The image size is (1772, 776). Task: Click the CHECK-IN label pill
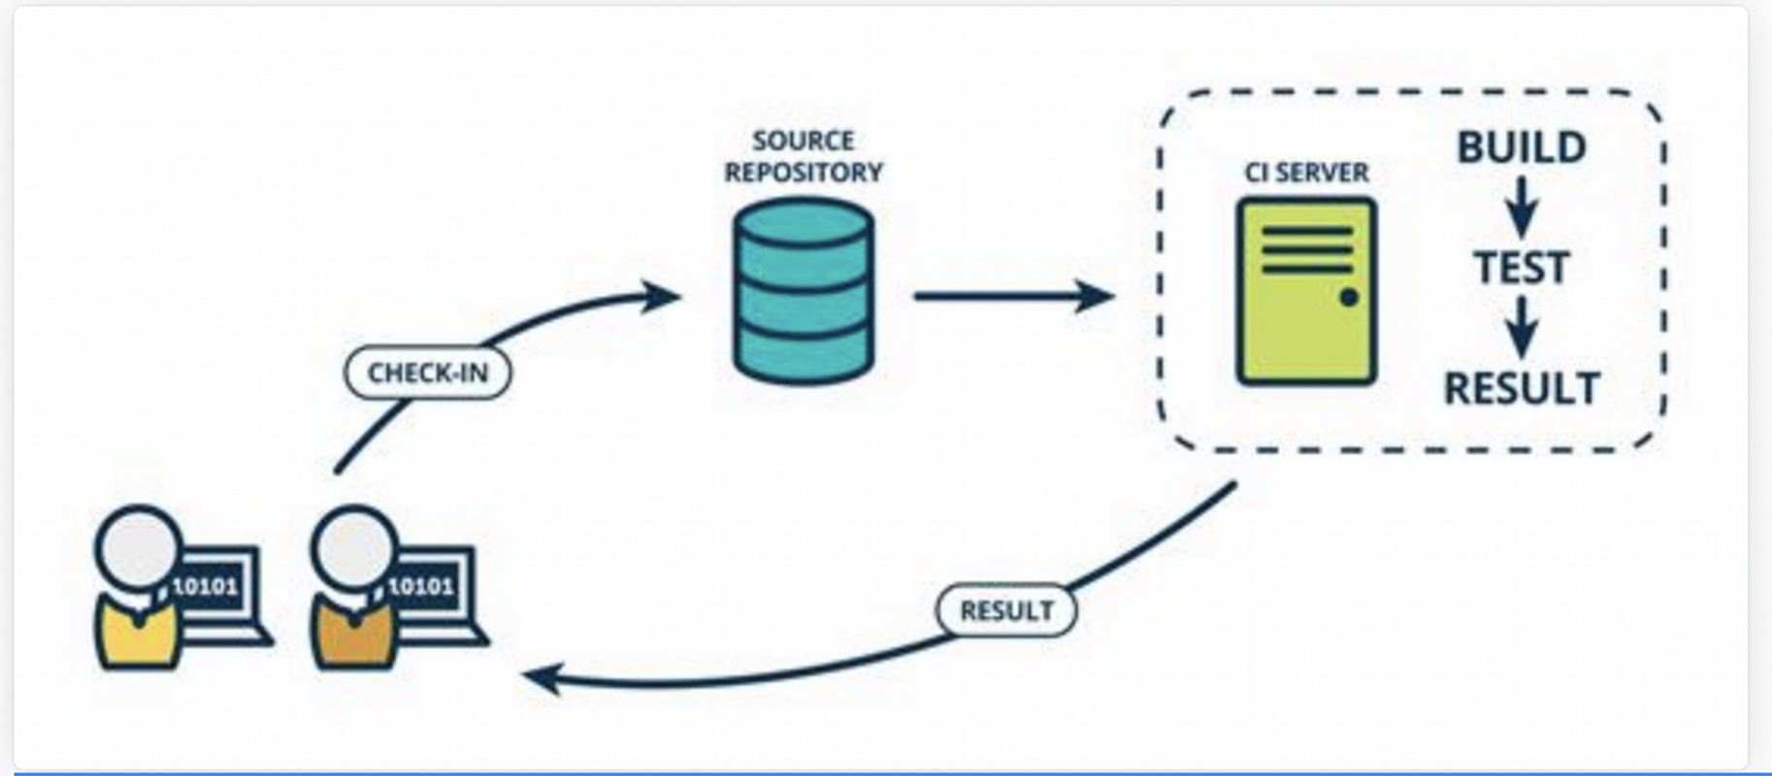pos(428,372)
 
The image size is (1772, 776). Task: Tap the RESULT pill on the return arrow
pos(1006,610)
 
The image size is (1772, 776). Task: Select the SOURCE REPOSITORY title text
pos(804,156)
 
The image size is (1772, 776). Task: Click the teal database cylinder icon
pos(804,291)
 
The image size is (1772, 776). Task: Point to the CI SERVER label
pos(1306,173)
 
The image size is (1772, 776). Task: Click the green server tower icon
pos(1306,291)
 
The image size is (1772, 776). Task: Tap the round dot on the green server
pos(1349,298)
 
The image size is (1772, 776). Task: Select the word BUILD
pos(1522,147)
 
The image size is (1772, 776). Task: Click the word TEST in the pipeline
pos(1522,268)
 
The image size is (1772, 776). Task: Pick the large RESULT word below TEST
pos(1522,389)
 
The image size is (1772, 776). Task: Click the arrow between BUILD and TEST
pos(1522,207)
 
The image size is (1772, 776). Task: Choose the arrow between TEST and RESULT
pos(1522,327)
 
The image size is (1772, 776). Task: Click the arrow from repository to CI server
pos(1014,296)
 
